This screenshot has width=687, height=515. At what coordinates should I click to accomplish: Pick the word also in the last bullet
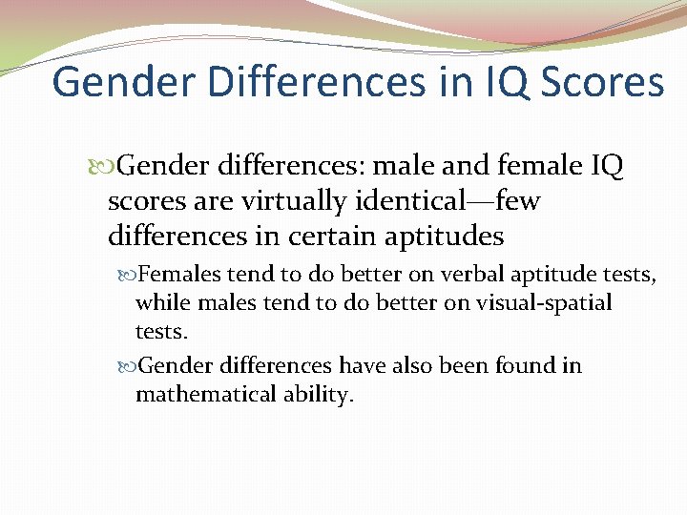pos(406,366)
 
